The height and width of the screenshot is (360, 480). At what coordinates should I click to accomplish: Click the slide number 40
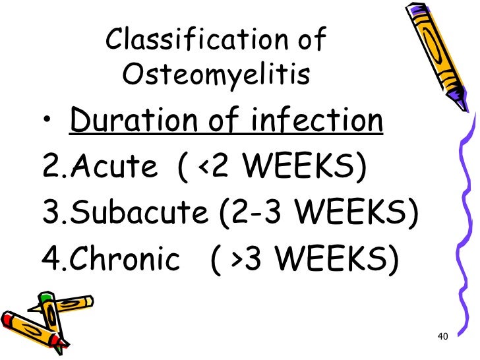(x=442, y=338)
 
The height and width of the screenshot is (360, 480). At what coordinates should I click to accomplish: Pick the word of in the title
(x=312, y=41)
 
